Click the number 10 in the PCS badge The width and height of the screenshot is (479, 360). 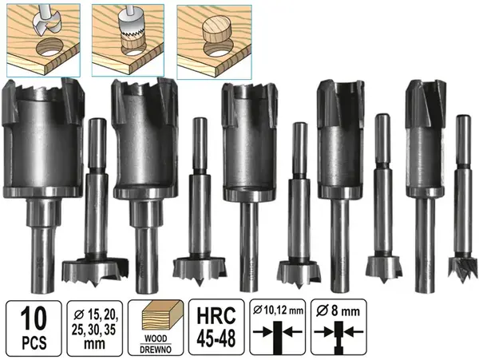(34, 318)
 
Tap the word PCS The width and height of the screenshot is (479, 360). (34, 342)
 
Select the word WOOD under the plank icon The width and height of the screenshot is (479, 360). (156, 338)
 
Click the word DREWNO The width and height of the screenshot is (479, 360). (156, 350)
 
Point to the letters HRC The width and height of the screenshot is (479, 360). (216, 316)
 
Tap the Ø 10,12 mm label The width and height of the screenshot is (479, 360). (278, 311)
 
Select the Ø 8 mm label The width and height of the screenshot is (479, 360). (338, 311)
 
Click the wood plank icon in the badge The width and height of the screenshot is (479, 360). (156, 317)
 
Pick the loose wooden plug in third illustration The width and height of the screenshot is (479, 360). (217, 32)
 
